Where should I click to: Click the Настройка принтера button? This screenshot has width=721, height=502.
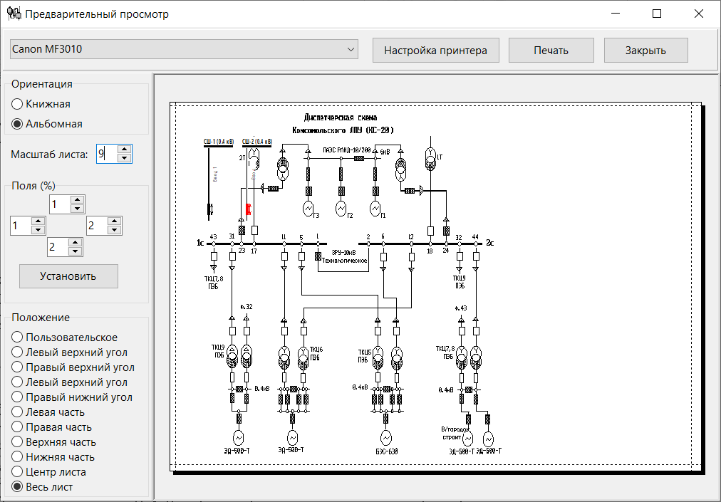pyautogui.click(x=435, y=51)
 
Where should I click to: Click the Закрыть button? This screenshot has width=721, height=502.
pyautogui.click(x=645, y=51)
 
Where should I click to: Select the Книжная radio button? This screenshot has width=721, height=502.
pyautogui.click(x=17, y=104)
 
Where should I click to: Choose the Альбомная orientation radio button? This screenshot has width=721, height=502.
pyautogui.click(x=17, y=124)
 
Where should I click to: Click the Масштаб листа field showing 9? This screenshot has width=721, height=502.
pyautogui.click(x=105, y=154)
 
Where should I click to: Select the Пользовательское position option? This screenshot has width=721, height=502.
pyautogui.click(x=17, y=338)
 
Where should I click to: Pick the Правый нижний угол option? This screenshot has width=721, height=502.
pyautogui.click(x=17, y=397)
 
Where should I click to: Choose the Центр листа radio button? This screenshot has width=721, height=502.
pyautogui.click(x=17, y=472)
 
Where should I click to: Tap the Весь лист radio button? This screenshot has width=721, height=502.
pyautogui.click(x=17, y=487)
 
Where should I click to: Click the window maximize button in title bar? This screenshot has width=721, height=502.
pyautogui.click(x=657, y=14)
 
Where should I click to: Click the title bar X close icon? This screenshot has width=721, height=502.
pyautogui.click(x=699, y=14)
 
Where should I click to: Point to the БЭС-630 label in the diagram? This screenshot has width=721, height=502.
pyautogui.click(x=385, y=451)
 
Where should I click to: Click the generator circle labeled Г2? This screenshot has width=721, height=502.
pyautogui.click(x=341, y=207)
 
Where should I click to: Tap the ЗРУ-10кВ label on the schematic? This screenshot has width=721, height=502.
pyautogui.click(x=343, y=253)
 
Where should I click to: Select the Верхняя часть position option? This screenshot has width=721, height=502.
pyautogui.click(x=17, y=442)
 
